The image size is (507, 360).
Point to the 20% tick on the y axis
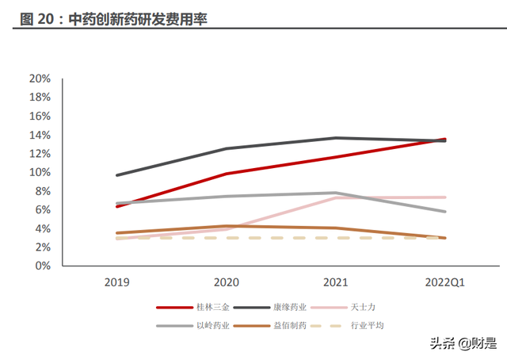tap(40, 79)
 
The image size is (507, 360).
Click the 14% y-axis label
tap(40, 135)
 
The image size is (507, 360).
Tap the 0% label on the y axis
tap(43, 266)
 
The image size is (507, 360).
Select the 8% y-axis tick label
tap(43, 191)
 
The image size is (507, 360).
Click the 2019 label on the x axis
tap(116, 282)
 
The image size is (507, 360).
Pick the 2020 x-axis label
tap(226, 282)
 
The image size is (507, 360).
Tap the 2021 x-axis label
tap(335, 282)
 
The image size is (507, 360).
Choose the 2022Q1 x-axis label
tap(444, 282)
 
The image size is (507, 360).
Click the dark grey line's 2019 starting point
tap(116, 175)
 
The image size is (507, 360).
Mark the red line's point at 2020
tap(226, 174)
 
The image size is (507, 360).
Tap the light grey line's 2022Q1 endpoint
tap(444, 212)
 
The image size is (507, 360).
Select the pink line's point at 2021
tap(335, 197)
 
